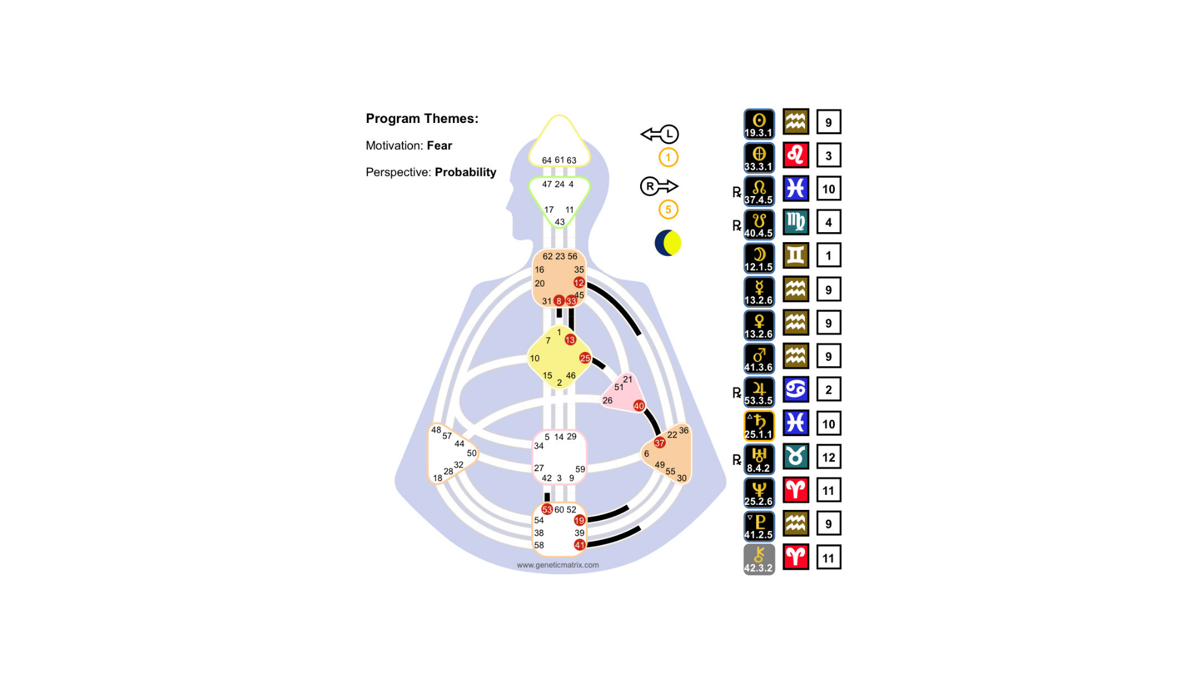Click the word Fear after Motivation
pos(439,145)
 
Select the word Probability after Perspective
pos(465,172)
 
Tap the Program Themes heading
pos(422,119)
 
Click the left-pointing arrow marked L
pos(660,134)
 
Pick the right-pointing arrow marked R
pos(659,186)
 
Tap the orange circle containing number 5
pos(668,210)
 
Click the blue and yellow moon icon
pos(668,243)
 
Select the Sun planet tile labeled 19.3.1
pos(759,124)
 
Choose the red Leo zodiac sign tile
pos(796,155)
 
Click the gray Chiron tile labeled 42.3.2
pos(759,559)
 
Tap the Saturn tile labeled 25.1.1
pos(759,426)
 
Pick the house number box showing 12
pos(829,457)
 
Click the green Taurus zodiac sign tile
pos(796,456)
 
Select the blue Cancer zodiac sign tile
pos(796,389)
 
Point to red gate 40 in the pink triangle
pos(639,406)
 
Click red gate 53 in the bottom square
pos(547,509)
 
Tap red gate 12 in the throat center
pos(579,283)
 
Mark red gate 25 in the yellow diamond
pos(585,358)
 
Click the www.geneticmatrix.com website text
pos(558,565)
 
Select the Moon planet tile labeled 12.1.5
pos(759,258)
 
